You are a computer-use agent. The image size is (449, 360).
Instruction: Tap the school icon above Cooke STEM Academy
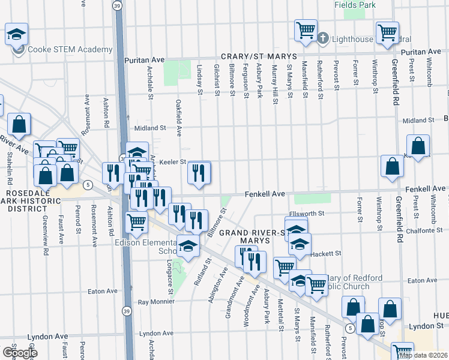[x=17, y=35]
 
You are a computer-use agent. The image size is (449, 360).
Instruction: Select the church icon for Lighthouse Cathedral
[x=322, y=38]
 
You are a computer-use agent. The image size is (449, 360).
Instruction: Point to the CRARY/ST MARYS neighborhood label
[x=251, y=56]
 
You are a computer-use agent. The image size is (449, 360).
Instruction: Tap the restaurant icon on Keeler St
[x=199, y=173]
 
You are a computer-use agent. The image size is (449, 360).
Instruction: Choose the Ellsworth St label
[x=306, y=213]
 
